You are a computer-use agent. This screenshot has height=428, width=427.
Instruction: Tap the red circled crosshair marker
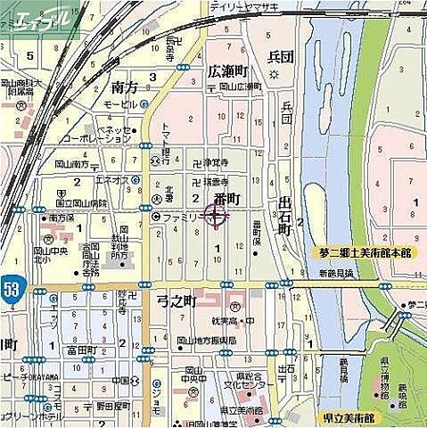point(217,214)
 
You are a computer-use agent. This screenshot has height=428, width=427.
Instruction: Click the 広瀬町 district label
point(231,70)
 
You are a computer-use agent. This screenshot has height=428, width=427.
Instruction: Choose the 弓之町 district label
point(176,301)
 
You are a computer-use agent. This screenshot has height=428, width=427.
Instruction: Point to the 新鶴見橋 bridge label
point(336,274)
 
